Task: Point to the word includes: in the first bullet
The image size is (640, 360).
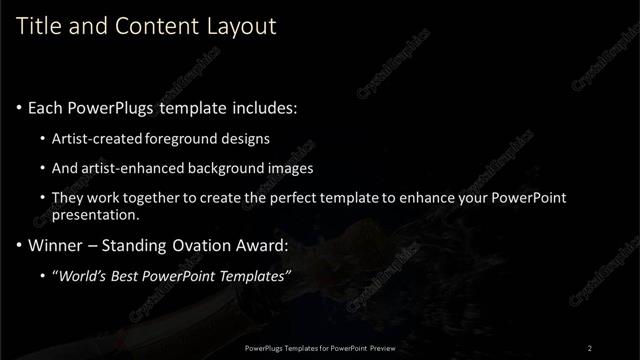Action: click(266, 108)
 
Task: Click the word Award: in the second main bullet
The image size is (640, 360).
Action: click(263, 245)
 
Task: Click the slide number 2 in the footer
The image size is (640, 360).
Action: click(590, 347)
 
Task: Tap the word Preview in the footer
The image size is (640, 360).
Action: click(378, 347)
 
